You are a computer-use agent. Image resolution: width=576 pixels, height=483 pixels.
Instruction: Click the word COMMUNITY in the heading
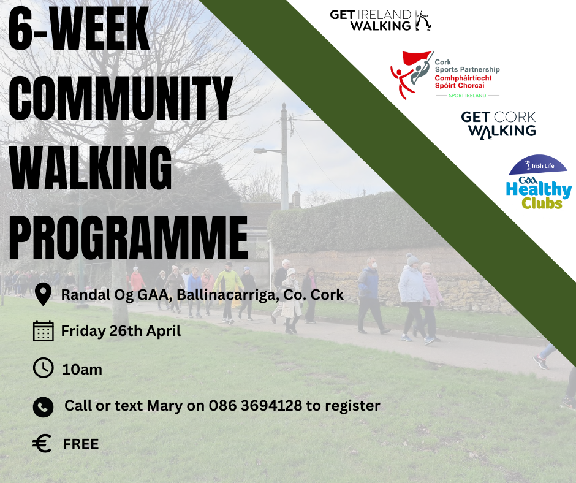click(x=121, y=98)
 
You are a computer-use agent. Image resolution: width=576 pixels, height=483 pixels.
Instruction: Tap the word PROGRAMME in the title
click(x=128, y=238)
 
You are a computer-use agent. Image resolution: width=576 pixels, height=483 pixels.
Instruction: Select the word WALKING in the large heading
click(x=90, y=168)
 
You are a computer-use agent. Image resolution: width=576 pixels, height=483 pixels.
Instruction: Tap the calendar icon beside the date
click(x=44, y=331)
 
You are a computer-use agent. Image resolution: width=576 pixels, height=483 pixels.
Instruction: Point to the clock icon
click(x=44, y=368)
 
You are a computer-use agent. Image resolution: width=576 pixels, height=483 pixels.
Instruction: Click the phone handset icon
click(x=44, y=407)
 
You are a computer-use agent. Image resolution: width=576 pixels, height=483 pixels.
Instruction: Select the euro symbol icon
click(x=42, y=443)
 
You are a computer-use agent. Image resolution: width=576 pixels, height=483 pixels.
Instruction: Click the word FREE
click(x=81, y=444)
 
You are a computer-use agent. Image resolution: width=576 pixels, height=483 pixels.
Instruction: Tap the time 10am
click(x=82, y=370)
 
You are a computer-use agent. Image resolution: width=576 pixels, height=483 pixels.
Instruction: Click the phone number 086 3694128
click(x=256, y=405)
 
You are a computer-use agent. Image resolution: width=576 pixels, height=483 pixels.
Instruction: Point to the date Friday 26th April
click(x=121, y=331)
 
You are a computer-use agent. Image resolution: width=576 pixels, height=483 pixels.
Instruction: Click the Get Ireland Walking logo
click(x=381, y=21)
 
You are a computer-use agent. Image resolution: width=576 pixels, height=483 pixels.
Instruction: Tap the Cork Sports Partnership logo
click(x=445, y=75)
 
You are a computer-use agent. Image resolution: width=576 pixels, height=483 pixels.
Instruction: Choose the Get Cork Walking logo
click(x=499, y=125)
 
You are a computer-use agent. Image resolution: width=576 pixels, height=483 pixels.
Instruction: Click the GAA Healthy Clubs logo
click(x=539, y=181)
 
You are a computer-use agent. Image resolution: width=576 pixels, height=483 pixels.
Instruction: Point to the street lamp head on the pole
click(x=262, y=151)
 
